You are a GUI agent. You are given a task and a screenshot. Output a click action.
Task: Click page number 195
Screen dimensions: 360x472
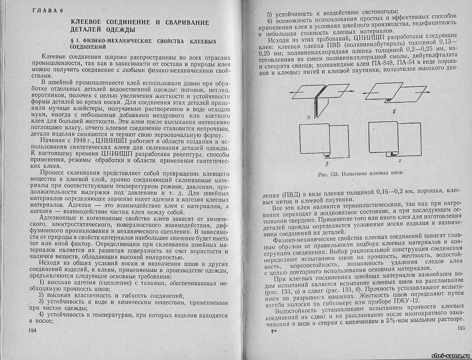[461, 328]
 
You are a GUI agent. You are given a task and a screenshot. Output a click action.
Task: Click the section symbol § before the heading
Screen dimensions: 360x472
[65, 41]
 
